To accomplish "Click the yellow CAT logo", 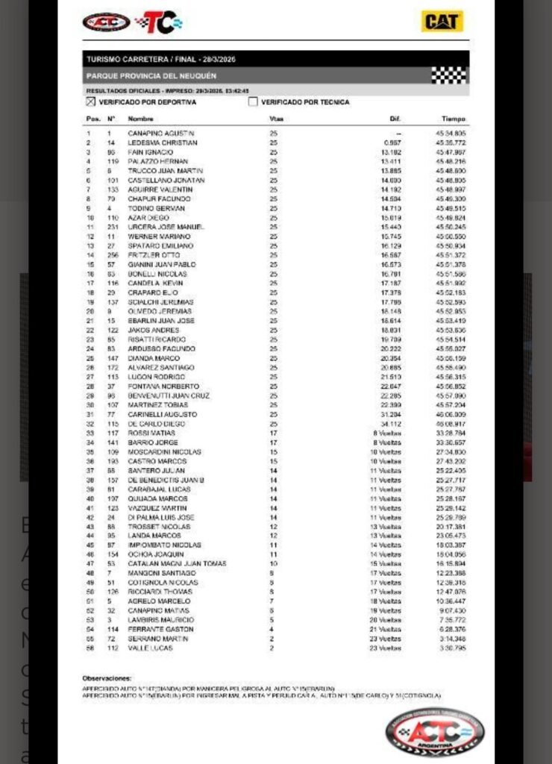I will (442, 22).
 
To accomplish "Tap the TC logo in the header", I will (158, 22).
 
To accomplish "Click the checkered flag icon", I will (449, 75).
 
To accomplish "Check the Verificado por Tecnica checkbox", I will (253, 102).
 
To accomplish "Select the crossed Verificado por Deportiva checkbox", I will (91, 102).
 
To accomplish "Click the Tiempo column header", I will (453, 119).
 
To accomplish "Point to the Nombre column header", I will (140, 119).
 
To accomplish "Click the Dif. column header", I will (395, 119).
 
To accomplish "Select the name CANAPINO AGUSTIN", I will (160, 133).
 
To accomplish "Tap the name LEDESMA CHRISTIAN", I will (162, 143).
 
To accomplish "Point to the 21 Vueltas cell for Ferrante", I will (389, 630).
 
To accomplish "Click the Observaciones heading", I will (107, 678).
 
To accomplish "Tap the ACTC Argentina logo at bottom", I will (434, 732).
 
